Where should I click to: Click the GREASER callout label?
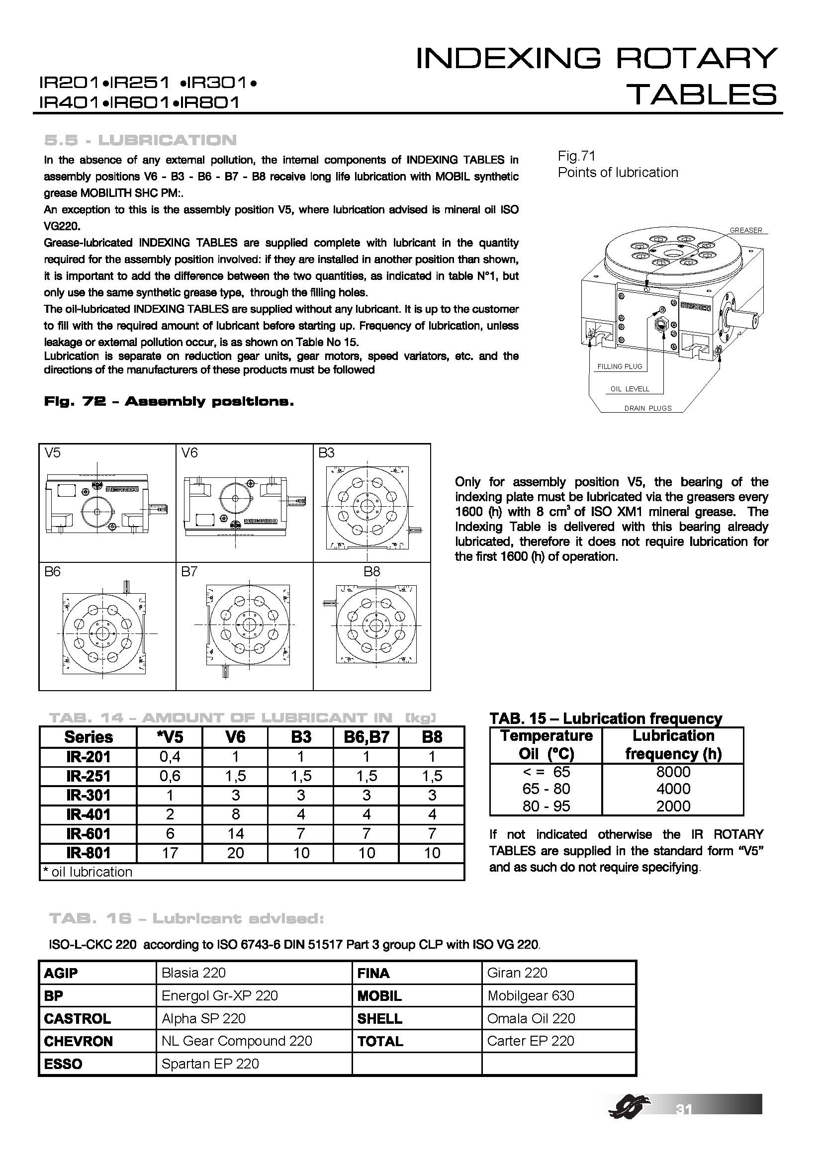pos(745,230)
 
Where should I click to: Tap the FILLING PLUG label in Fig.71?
pos(620,366)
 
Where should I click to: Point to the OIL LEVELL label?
pos(630,389)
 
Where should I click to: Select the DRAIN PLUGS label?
pos(648,408)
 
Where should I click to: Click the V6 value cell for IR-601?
pos(235,833)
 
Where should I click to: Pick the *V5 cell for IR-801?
pos(170,853)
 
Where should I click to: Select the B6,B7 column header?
pos(366,737)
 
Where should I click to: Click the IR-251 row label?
pos(88,776)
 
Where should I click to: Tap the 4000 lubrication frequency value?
pos(673,789)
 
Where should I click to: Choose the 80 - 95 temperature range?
pos(546,806)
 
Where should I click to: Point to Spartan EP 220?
pos(210,1064)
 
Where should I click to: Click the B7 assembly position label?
pos(189,572)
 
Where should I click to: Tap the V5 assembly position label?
pos(52,453)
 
